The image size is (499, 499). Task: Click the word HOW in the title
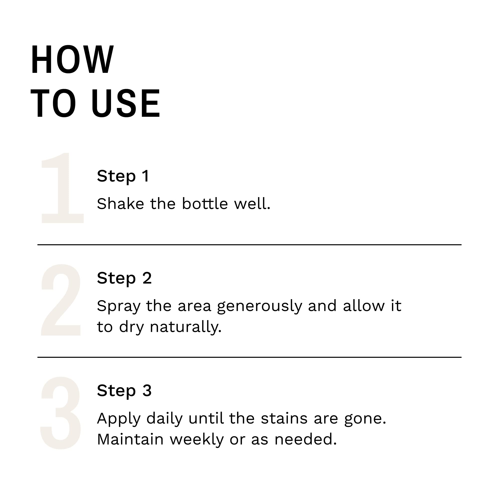[x=72, y=59]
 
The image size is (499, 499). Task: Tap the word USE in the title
[x=126, y=103]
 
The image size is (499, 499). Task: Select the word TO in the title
[x=53, y=103]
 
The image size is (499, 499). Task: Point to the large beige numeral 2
[x=61, y=300]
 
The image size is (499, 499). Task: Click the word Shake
[x=120, y=204]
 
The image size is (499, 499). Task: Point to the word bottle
[x=205, y=204]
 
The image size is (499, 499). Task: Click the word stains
[x=284, y=418]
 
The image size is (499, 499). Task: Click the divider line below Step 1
[x=249, y=245]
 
